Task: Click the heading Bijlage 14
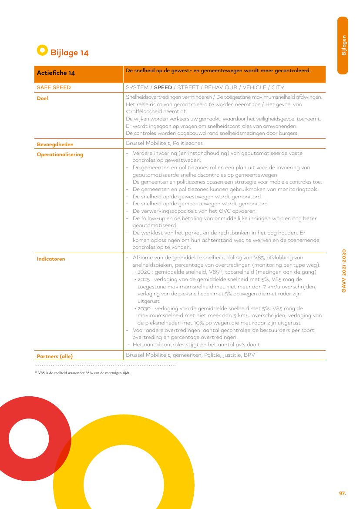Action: click(x=70, y=53)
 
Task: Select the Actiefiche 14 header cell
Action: click(x=56, y=73)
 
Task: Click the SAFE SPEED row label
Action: click(x=54, y=87)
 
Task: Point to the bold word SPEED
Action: click(x=163, y=87)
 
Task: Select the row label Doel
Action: click(x=42, y=98)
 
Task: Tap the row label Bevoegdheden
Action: click(x=55, y=144)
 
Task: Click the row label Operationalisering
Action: click(x=60, y=154)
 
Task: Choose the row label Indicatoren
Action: click(x=51, y=259)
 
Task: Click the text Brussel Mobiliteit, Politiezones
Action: click(x=164, y=143)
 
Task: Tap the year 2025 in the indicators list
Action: click(x=144, y=279)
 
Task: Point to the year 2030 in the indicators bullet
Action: click(x=144, y=308)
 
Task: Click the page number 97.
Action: click(x=342, y=493)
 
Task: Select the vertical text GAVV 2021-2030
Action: click(x=344, y=271)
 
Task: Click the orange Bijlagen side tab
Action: click(x=343, y=45)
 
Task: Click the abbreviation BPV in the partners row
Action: click(x=249, y=355)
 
